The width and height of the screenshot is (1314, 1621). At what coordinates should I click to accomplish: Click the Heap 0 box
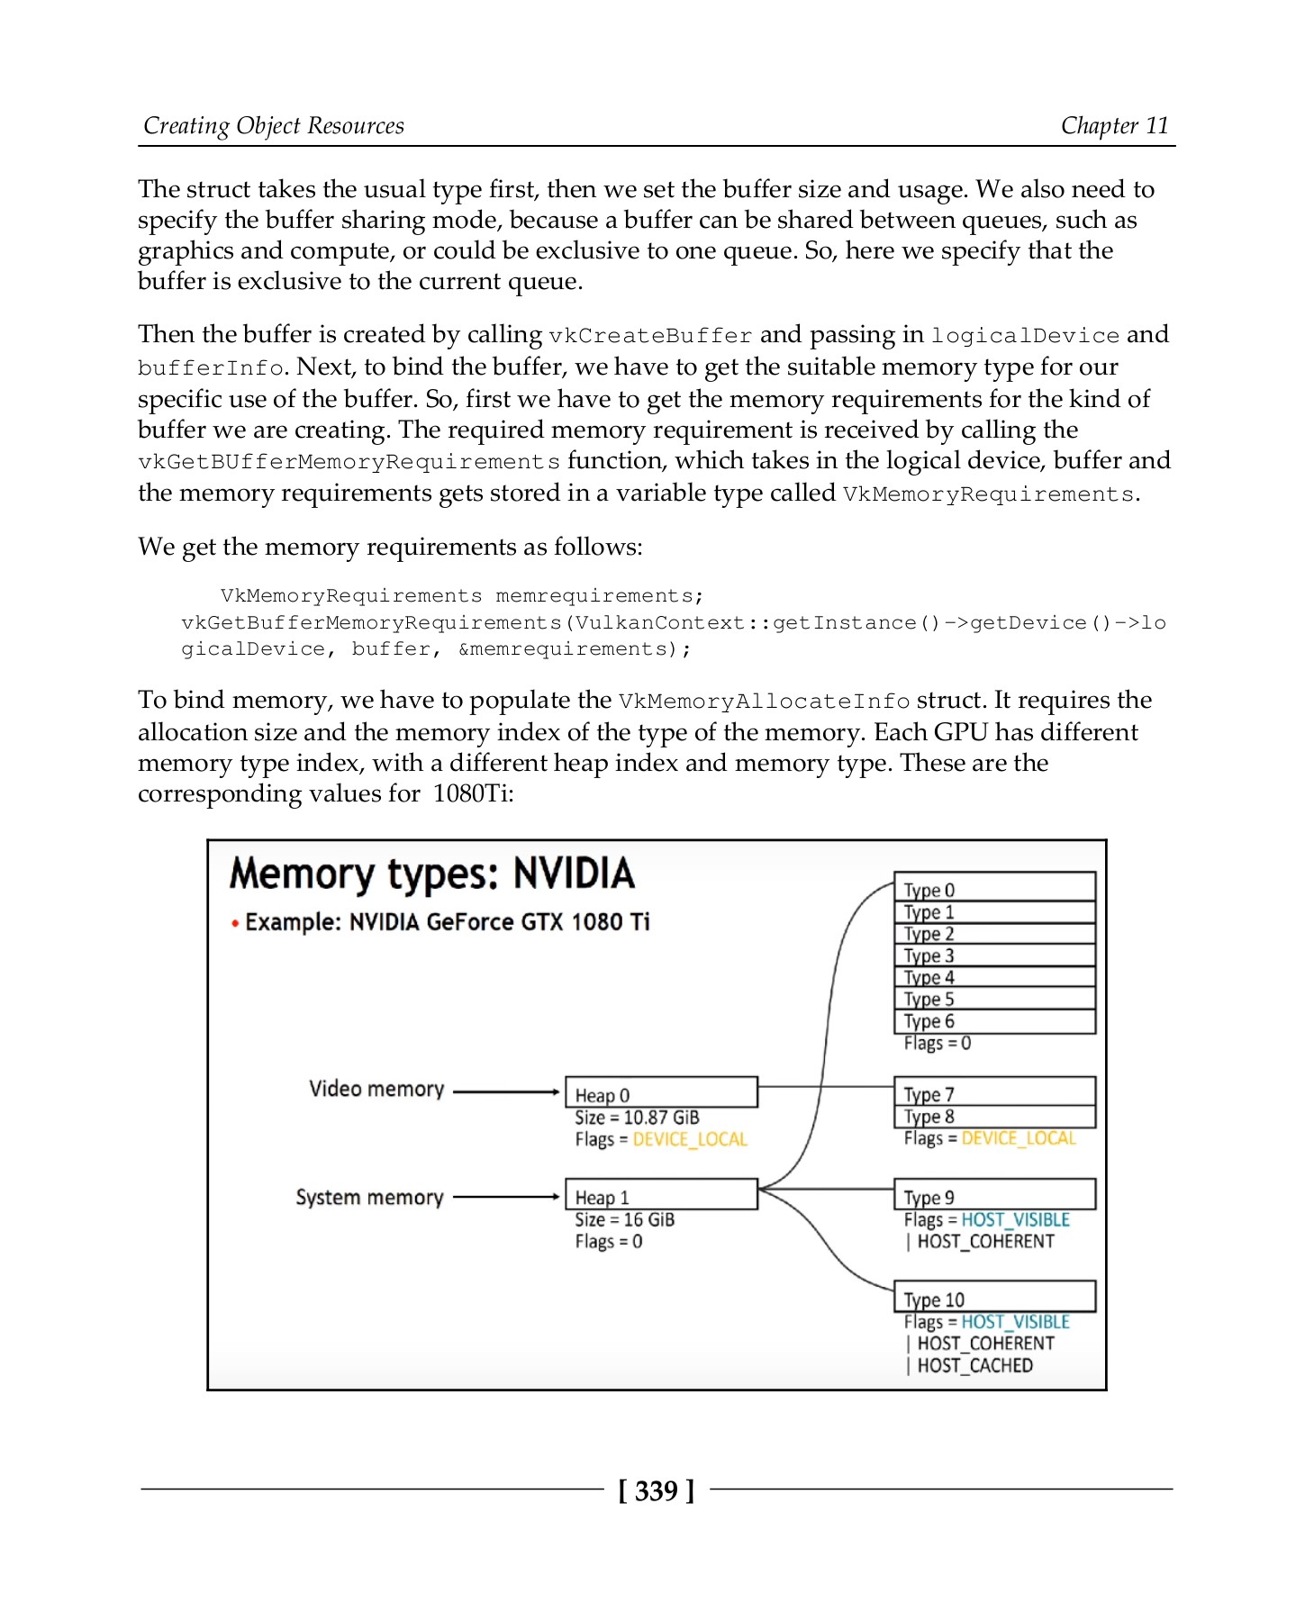coord(661,1092)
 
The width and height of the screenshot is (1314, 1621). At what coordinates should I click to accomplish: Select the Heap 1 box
coord(661,1195)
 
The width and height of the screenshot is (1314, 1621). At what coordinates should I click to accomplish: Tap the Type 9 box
coord(994,1195)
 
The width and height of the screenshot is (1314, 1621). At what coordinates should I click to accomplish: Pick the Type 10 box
coord(994,1297)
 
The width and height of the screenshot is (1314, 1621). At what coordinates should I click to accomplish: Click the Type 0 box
coord(994,888)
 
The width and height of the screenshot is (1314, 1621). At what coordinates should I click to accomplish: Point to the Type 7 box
coord(994,1092)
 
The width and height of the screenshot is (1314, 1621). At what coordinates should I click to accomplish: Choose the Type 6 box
coord(994,1021)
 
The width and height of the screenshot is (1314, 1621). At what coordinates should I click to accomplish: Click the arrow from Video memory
coord(506,1091)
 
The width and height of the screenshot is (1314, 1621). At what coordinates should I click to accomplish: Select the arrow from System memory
coord(506,1197)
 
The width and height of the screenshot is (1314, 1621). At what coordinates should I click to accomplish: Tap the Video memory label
coord(376,1089)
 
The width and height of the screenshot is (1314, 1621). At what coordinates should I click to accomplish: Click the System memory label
coord(369,1197)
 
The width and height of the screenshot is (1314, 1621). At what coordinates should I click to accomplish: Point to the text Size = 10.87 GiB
coord(637,1118)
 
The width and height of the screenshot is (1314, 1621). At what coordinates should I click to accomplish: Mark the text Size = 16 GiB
coord(624,1219)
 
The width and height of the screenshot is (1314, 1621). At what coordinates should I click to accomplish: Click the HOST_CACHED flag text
coord(974,1365)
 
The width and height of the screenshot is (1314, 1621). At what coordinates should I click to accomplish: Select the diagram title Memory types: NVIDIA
coord(432,874)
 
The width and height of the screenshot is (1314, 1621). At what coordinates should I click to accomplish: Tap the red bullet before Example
coord(235,923)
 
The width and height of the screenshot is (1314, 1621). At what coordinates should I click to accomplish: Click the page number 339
coord(656,1491)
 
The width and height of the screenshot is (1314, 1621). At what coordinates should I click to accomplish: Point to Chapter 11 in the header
coord(1114,125)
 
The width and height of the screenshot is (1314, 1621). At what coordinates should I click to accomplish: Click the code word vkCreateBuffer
coord(649,336)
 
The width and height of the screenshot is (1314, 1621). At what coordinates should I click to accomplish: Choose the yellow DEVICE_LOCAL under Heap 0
coord(690,1139)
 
